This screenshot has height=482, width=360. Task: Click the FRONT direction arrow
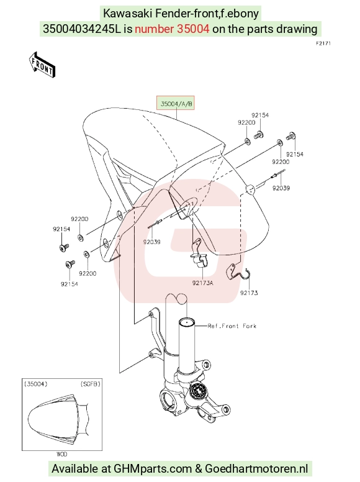(x=42, y=65)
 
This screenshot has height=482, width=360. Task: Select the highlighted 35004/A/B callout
(x=176, y=104)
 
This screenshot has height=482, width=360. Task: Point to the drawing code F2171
(x=323, y=43)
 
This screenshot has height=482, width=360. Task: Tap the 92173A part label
(x=203, y=283)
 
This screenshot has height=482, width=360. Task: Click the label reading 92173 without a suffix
(x=249, y=293)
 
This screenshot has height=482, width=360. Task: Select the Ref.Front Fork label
(x=232, y=326)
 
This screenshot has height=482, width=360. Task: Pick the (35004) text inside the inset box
(x=36, y=384)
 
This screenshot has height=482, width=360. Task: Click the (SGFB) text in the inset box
(x=90, y=384)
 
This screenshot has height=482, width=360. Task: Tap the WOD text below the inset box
(x=61, y=454)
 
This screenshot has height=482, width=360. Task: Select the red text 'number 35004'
(x=172, y=29)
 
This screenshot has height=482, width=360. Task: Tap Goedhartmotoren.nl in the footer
(x=256, y=469)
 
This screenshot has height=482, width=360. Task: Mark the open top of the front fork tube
(x=187, y=322)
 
